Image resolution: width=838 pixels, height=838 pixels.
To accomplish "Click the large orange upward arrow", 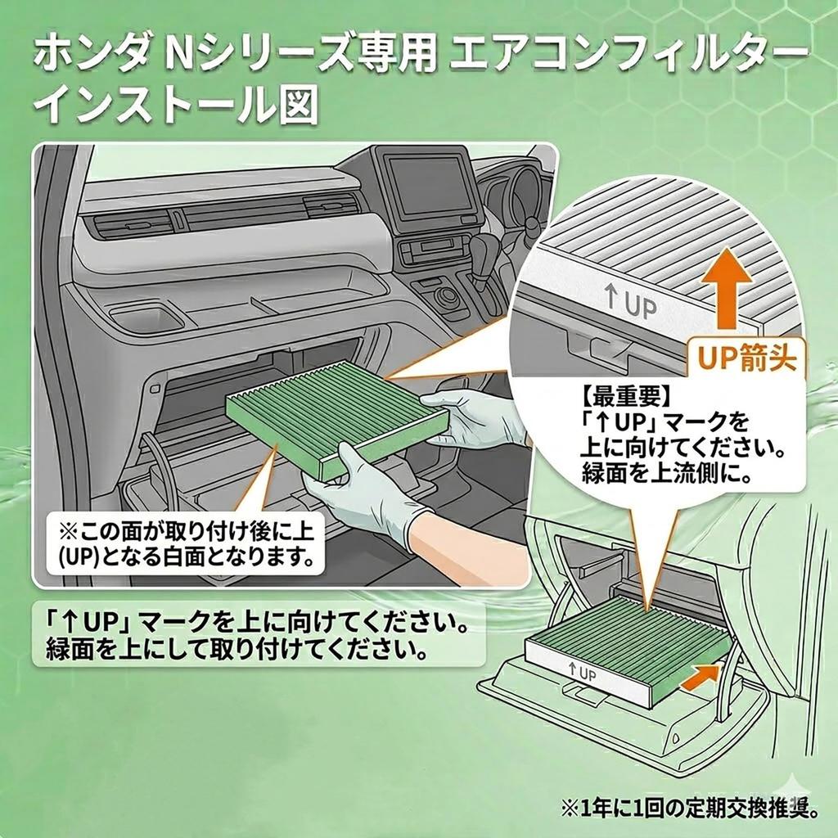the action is [728, 288].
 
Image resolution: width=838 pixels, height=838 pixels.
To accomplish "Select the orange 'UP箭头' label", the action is [746, 358].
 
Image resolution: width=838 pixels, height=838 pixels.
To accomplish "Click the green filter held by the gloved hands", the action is [336, 417].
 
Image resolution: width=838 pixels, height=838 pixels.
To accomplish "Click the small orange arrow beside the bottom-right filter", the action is [701, 674].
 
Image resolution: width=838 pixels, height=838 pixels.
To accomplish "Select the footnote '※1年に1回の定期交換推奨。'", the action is [690, 808].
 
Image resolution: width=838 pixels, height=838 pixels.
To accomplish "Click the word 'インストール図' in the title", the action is [177, 104].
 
